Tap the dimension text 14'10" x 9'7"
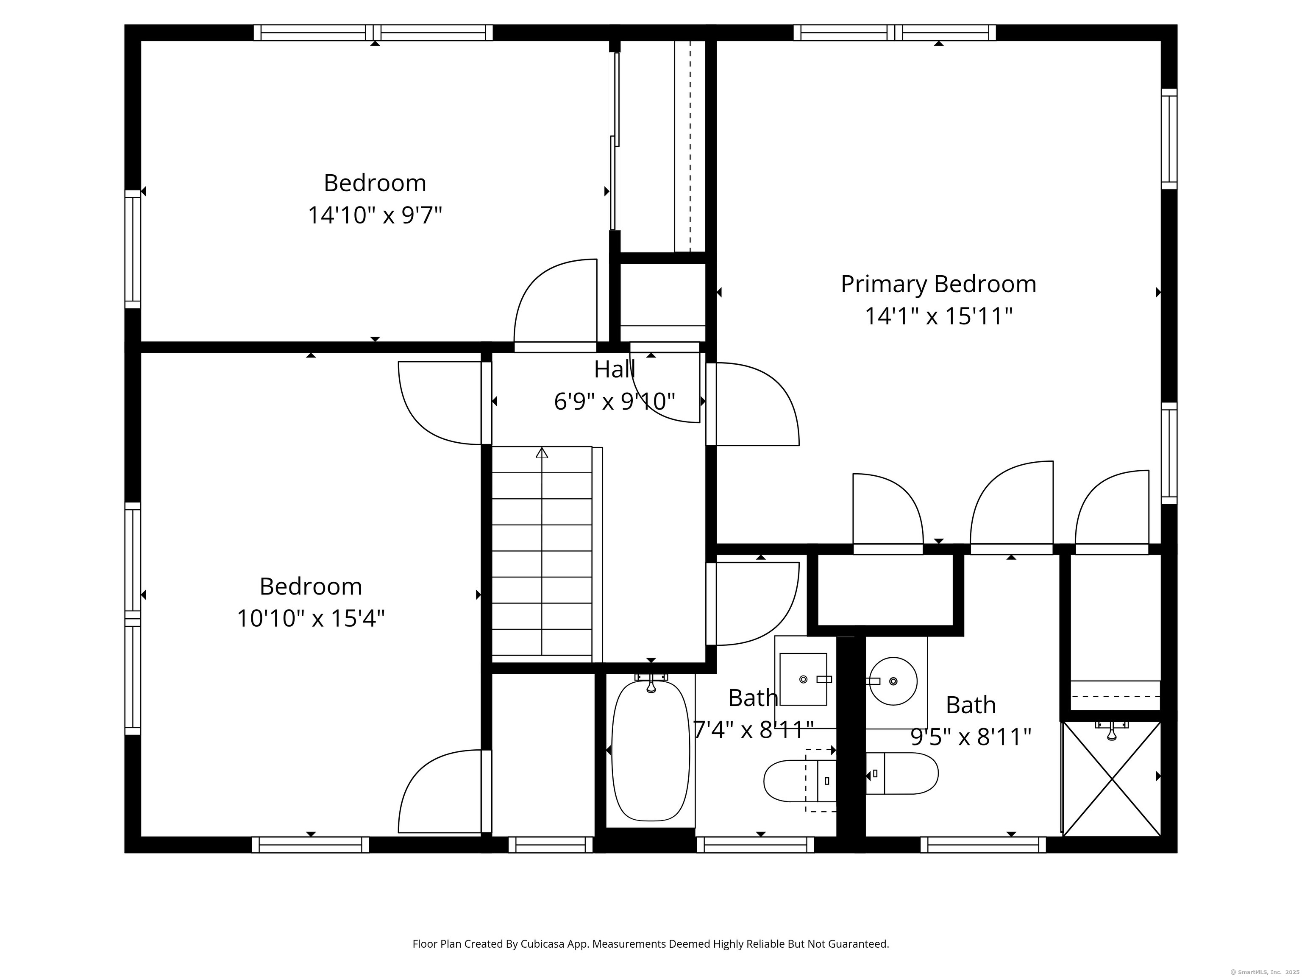[375, 215]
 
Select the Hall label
[615, 369]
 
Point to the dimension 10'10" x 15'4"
[311, 618]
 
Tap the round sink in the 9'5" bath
[893, 681]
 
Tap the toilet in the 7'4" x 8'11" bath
[799, 781]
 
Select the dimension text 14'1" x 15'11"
[938, 317]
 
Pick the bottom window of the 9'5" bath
[983, 845]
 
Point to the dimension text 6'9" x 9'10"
[615, 402]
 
